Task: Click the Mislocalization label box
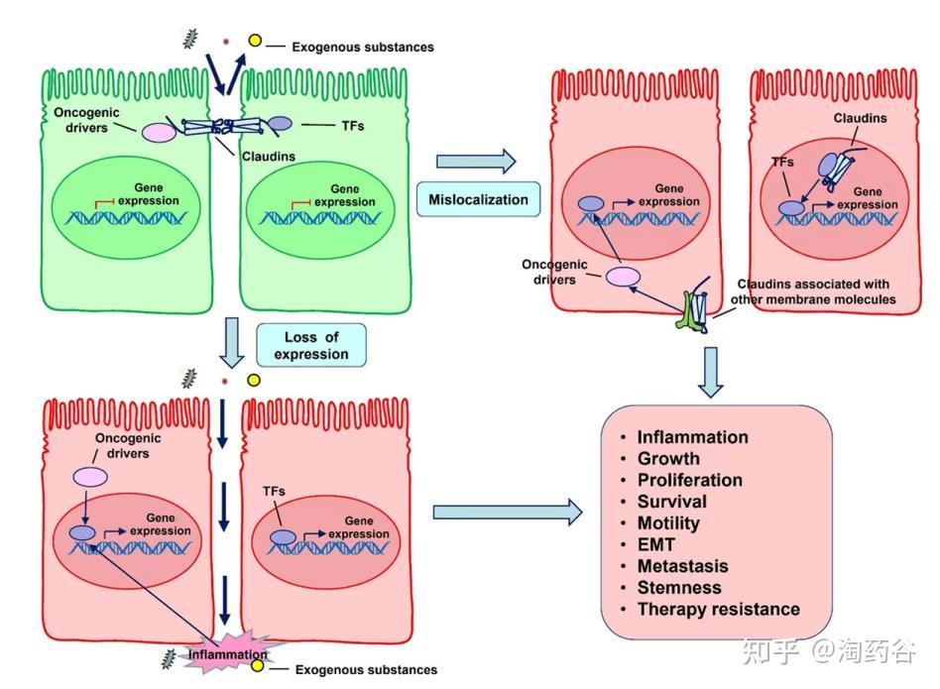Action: click(x=478, y=199)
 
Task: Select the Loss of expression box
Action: click(x=311, y=345)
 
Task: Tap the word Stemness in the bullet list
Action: click(x=679, y=587)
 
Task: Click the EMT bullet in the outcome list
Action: click(x=655, y=544)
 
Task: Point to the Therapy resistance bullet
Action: click(x=718, y=609)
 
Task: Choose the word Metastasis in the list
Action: click(x=682, y=566)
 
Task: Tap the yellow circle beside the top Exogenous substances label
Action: click(x=254, y=41)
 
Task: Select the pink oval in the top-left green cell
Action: click(x=159, y=132)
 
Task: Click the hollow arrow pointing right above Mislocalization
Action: click(x=477, y=160)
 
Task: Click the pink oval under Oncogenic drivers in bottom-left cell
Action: click(x=92, y=477)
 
